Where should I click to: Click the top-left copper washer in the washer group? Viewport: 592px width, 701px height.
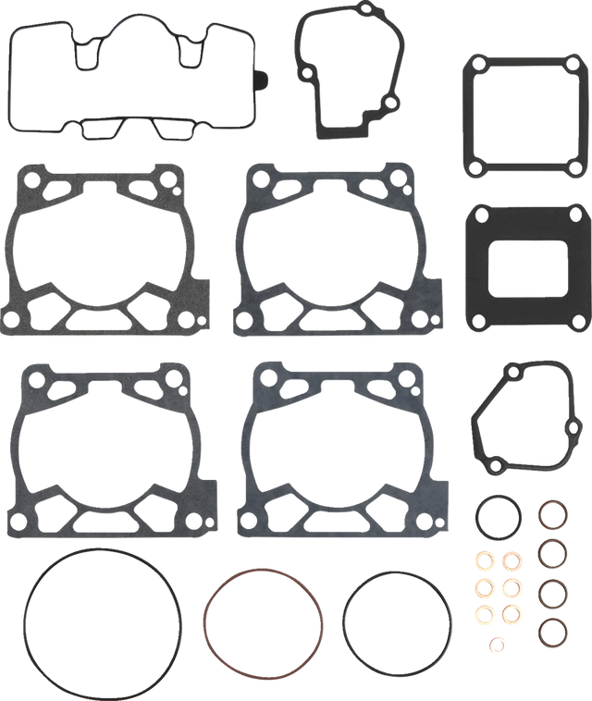point(484,560)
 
